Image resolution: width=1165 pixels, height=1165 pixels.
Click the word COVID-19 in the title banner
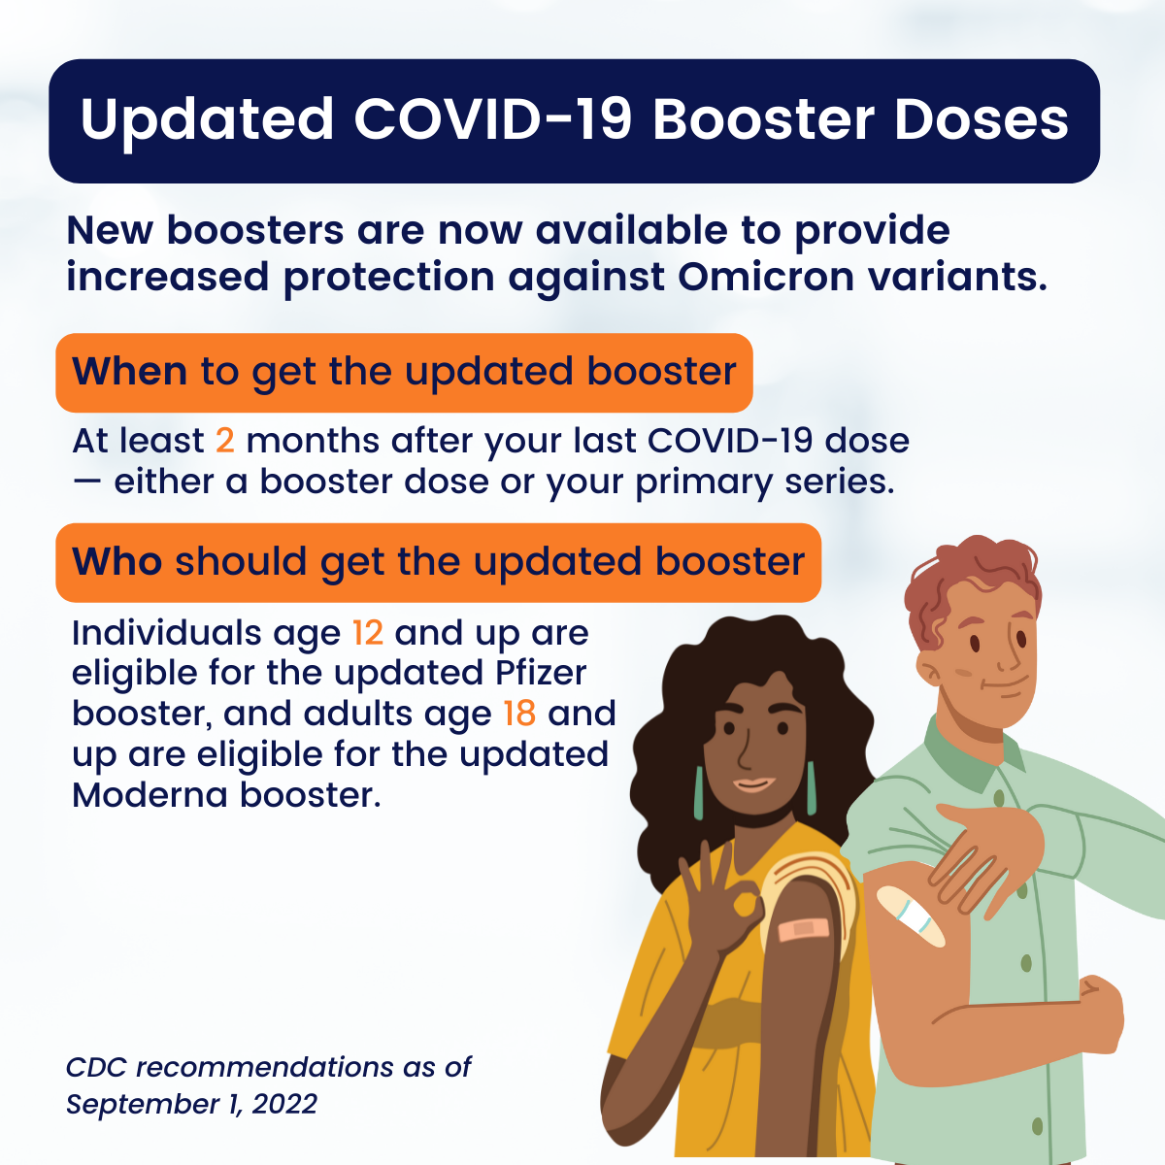(x=492, y=119)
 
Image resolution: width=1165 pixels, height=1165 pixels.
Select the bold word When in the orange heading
(x=129, y=371)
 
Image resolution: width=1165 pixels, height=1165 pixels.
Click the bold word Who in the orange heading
(x=116, y=561)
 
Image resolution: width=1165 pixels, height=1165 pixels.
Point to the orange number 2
(x=225, y=441)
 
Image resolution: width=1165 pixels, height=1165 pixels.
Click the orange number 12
(x=368, y=633)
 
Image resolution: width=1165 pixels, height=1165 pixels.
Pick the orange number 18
(x=519, y=714)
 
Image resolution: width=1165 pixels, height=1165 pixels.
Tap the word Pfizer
(x=541, y=673)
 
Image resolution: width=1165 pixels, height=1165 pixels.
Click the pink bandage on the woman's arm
(x=803, y=929)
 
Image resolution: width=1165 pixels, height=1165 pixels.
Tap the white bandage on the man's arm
(x=911, y=916)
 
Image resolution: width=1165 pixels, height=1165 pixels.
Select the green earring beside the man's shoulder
(x=811, y=787)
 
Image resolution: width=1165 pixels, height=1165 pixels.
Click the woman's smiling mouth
(x=753, y=784)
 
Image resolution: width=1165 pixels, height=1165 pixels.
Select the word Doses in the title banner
(x=982, y=119)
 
